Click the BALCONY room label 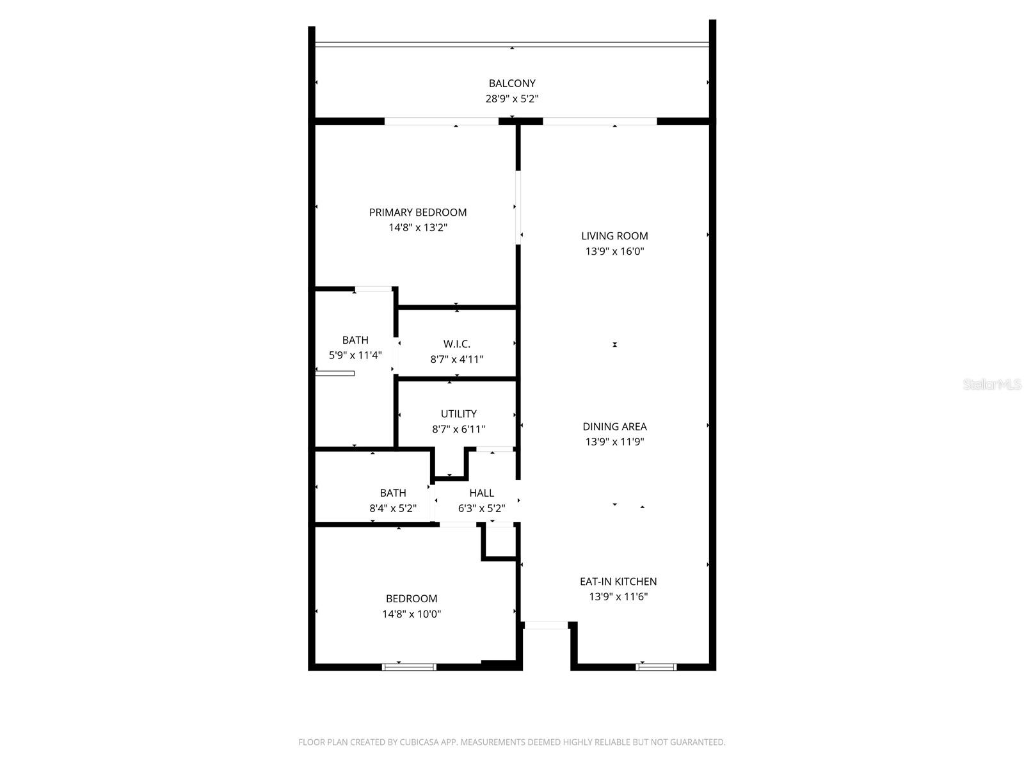point(512,83)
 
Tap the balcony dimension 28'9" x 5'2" point(512,99)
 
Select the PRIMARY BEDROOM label point(418,212)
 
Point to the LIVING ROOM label point(614,236)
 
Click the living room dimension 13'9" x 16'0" point(614,252)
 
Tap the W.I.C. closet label point(457,344)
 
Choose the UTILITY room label point(458,414)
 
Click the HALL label point(481,493)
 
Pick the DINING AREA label point(614,426)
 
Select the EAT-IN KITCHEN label point(618,582)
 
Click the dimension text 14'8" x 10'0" point(412,614)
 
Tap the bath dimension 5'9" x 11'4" point(355,355)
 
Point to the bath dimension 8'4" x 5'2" point(393,509)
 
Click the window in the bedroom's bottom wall point(410,667)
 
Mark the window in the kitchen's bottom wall point(656,667)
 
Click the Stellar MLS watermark point(992,385)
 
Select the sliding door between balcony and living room point(600,121)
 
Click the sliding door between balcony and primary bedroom point(442,121)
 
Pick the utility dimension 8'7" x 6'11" point(458,429)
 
